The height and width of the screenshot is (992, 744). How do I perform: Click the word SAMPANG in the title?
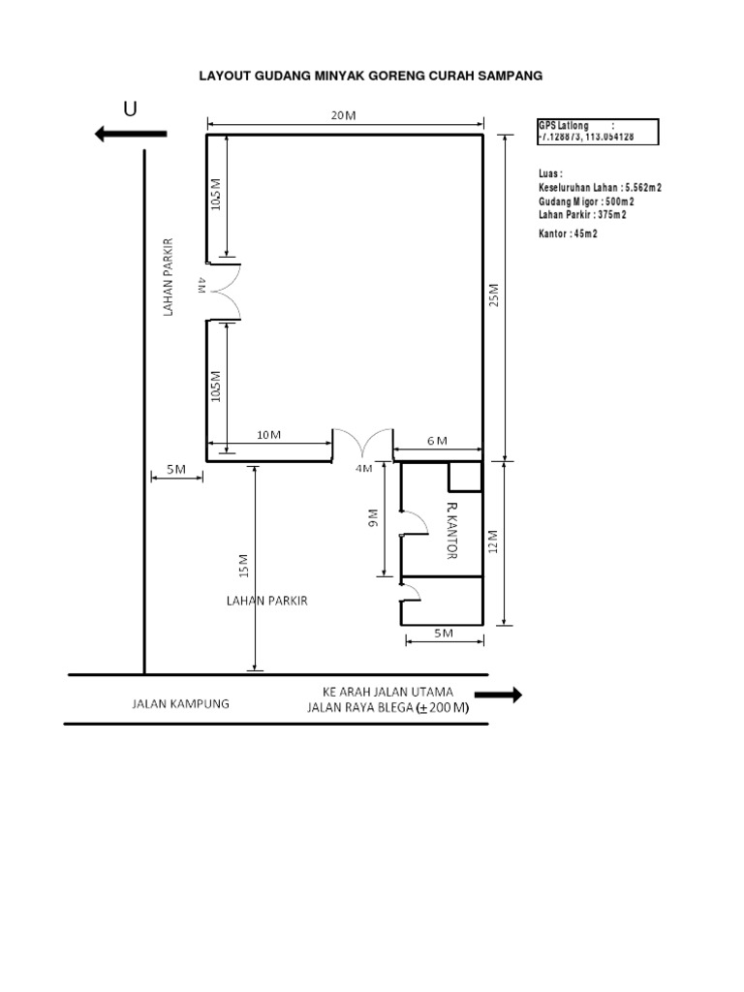click(x=509, y=75)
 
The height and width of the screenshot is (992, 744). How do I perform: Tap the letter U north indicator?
click(x=130, y=109)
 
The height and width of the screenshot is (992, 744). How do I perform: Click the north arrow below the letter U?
click(x=131, y=135)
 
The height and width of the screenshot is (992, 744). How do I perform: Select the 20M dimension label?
click(x=343, y=115)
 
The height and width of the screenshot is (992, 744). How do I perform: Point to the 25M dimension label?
click(x=493, y=295)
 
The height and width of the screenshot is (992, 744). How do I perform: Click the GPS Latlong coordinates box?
click(x=597, y=132)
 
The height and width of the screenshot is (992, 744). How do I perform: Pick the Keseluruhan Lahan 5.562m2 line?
click(x=600, y=188)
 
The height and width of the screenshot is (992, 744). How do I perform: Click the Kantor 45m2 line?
click(x=568, y=233)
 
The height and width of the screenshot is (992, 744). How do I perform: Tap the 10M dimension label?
click(x=268, y=435)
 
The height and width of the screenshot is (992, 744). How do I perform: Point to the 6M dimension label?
click(x=438, y=441)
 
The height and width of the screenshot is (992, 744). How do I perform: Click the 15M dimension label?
click(x=243, y=565)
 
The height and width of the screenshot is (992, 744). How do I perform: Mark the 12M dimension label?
click(x=493, y=542)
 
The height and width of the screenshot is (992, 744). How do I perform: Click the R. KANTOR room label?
click(x=450, y=531)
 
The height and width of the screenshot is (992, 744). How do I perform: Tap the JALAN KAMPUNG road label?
click(x=181, y=704)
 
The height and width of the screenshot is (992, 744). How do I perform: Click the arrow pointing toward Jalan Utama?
click(x=498, y=695)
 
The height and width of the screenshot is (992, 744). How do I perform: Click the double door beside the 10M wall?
click(x=363, y=444)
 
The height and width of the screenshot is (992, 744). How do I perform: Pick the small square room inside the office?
click(x=464, y=476)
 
